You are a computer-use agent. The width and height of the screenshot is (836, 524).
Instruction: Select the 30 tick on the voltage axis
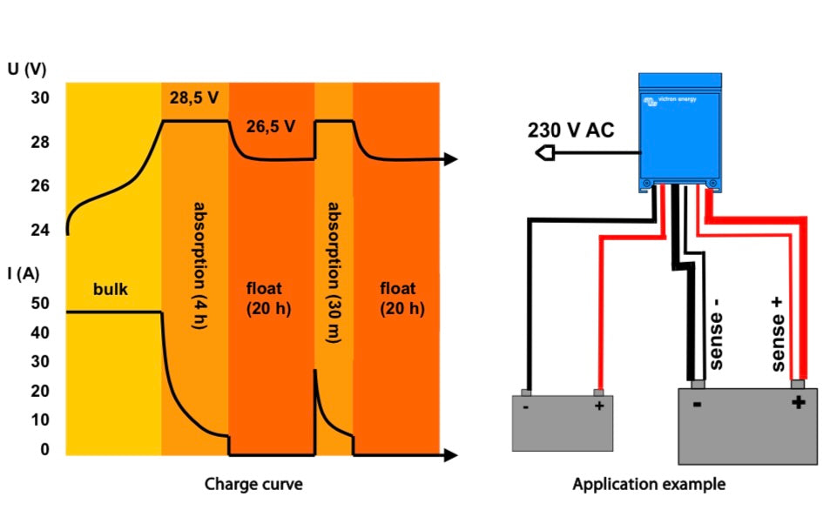(41, 98)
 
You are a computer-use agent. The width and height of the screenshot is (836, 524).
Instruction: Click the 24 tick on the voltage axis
(41, 231)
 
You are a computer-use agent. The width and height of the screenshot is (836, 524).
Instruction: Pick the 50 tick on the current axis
(39, 304)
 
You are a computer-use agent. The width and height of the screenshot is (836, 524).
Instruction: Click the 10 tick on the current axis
(39, 420)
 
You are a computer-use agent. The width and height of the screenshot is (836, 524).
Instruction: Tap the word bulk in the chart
(111, 289)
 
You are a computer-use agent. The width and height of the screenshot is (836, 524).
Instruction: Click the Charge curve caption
(253, 484)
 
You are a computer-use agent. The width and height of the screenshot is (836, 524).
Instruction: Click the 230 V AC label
(570, 131)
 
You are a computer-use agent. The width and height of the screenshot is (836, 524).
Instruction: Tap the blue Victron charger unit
(680, 131)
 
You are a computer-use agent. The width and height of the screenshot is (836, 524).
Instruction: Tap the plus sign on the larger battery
(798, 402)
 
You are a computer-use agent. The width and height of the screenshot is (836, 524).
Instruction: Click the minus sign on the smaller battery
(527, 406)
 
